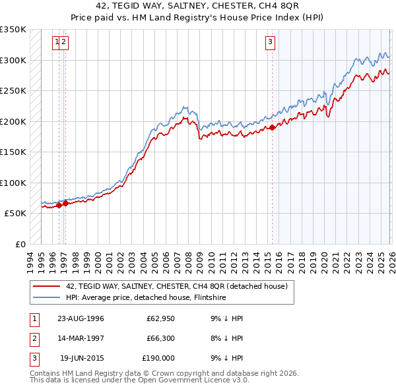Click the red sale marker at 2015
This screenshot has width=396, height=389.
(x=272, y=127)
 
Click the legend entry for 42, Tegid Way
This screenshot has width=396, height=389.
(x=176, y=286)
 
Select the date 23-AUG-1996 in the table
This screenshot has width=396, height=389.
(x=81, y=319)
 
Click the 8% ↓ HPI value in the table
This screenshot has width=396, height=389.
(x=225, y=338)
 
